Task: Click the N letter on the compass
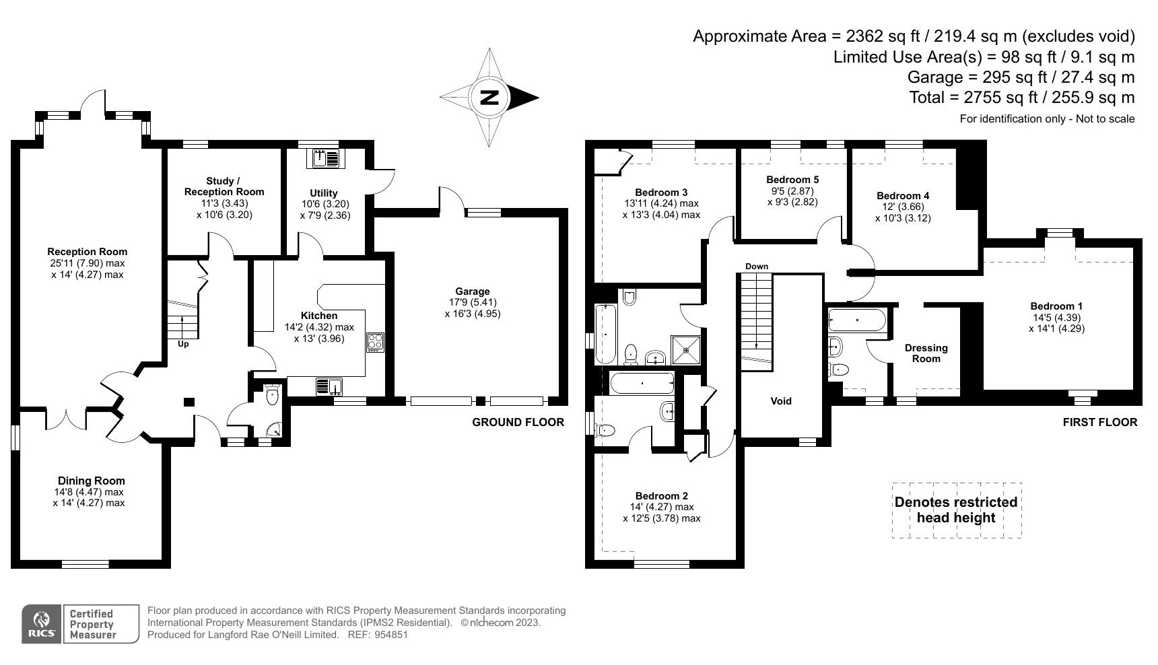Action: tap(489, 98)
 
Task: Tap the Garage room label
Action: tap(472, 291)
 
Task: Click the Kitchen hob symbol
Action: tap(374, 342)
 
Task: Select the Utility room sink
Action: tap(326, 159)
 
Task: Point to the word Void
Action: tap(781, 401)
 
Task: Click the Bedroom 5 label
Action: tap(792, 180)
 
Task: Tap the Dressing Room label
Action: tap(926, 353)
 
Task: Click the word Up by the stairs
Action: tap(183, 344)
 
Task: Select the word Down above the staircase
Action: tap(757, 267)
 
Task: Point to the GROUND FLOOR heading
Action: tap(518, 422)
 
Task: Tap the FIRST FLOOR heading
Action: tap(1100, 422)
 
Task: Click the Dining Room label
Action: tap(91, 481)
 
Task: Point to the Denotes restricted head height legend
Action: tap(956, 510)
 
